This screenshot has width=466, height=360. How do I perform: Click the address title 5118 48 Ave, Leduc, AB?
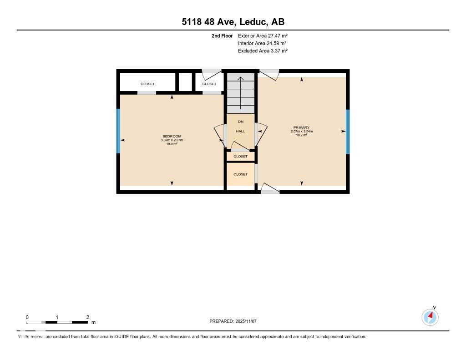point(233,22)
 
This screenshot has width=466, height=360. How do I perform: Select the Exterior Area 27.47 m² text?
point(263,35)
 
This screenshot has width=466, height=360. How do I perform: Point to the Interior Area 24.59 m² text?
point(263,43)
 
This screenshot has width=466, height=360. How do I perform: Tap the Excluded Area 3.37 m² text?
point(263,51)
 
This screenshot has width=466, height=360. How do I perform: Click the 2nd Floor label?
point(222,35)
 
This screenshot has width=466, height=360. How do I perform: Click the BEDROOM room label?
point(172,137)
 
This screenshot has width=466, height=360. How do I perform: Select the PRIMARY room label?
point(302,127)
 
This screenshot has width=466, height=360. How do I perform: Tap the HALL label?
point(240,131)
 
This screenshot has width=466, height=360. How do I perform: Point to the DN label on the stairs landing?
point(240,122)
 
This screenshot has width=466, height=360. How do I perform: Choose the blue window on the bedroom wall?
point(118,131)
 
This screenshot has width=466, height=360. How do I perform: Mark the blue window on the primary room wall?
point(348,132)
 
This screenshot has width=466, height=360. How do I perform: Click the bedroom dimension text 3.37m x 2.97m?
point(172,140)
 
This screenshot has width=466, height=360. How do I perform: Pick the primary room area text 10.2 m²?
point(302,135)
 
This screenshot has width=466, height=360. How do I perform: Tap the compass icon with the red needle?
point(430,317)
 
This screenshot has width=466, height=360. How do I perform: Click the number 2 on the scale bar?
point(87,317)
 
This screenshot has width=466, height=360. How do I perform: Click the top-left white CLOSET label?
point(147,84)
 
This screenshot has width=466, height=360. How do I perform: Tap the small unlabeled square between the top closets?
point(185,82)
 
